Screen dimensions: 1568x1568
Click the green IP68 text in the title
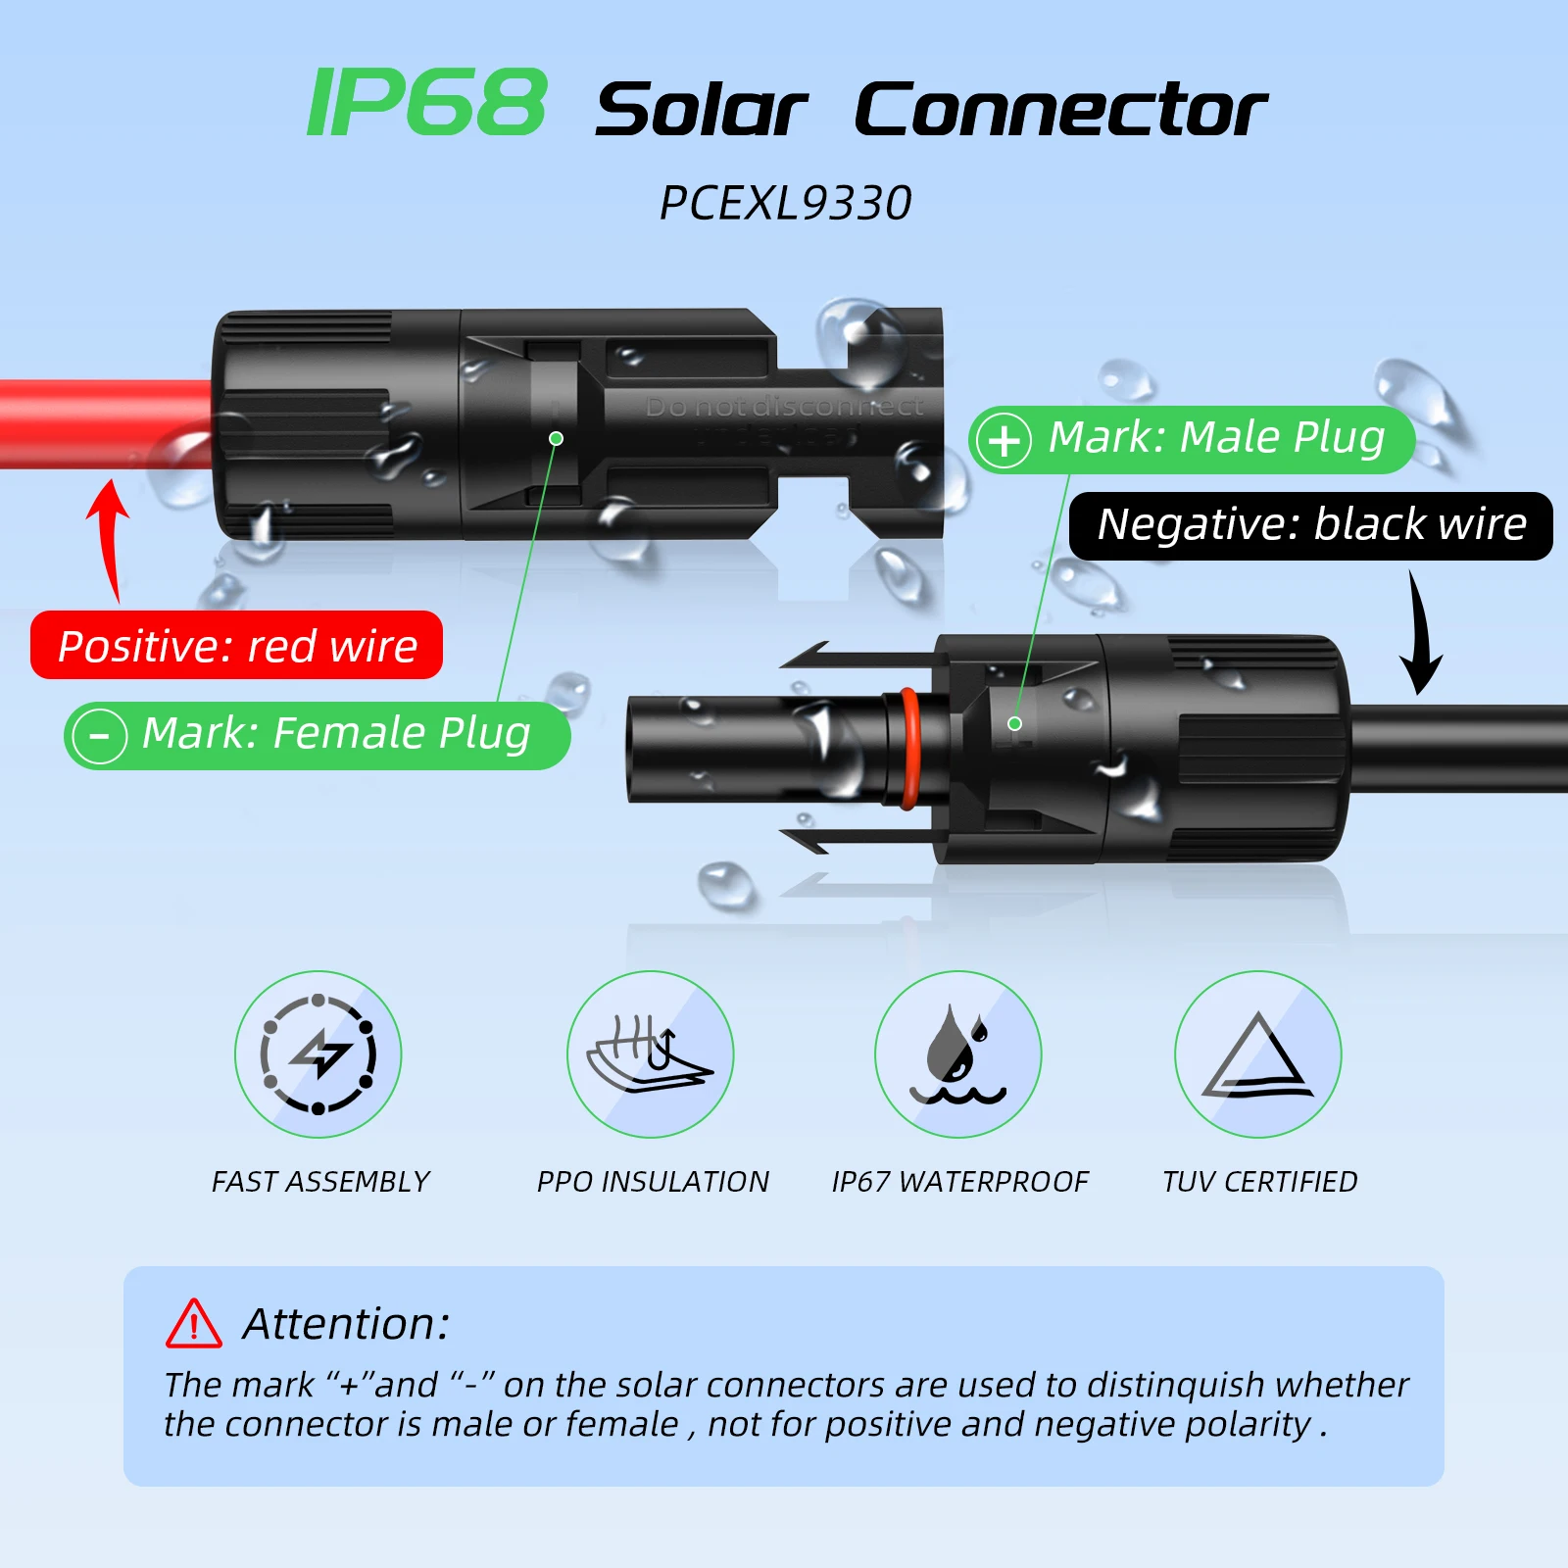(x=426, y=103)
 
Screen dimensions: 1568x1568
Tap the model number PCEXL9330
(x=786, y=204)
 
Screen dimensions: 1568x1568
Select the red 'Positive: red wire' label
(x=237, y=646)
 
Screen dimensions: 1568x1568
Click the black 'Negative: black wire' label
(x=1311, y=525)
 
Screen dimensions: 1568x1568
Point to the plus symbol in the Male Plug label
(x=1004, y=440)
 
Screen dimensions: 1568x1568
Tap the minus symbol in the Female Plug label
(x=100, y=735)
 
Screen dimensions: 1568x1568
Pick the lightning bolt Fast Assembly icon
(x=318, y=1054)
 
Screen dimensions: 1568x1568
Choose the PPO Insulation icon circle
(x=651, y=1054)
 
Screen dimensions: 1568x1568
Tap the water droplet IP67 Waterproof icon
(x=958, y=1054)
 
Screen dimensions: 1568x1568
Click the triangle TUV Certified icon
(x=1258, y=1054)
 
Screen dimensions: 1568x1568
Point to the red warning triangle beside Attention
(x=194, y=1324)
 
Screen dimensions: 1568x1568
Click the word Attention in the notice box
(x=346, y=1324)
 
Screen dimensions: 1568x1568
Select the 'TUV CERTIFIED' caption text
(x=1259, y=1182)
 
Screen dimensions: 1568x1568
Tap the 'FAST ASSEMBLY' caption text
(x=320, y=1182)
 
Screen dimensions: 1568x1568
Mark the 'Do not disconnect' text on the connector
(x=784, y=407)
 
